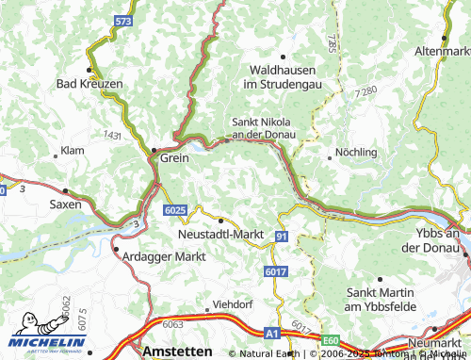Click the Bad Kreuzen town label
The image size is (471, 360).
(89, 84)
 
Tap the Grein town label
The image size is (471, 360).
(174, 158)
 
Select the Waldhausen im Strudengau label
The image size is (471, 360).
(283, 77)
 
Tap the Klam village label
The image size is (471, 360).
(72, 151)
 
